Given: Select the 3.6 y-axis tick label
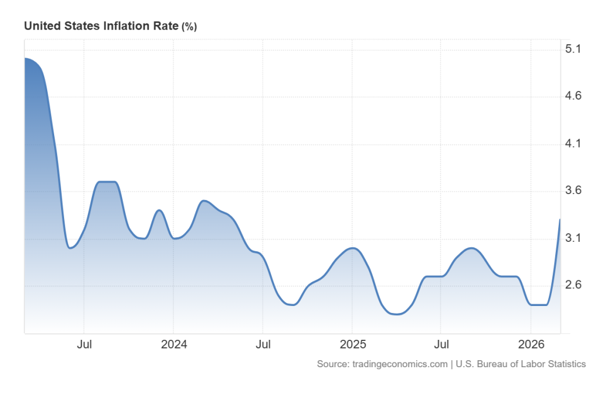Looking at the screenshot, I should pyautogui.click(x=574, y=191).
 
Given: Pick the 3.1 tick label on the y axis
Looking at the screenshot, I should pyautogui.click(x=574, y=238).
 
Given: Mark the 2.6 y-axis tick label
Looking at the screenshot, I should pyautogui.click(x=574, y=286).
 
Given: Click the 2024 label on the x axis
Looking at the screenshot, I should pyautogui.click(x=173, y=344).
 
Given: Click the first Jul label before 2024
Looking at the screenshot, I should pyautogui.click(x=84, y=344).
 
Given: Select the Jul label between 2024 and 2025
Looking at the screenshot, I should pyautogui.click(x=263, y=344).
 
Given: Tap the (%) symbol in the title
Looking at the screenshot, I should pyautogui.click(x=189, y=27).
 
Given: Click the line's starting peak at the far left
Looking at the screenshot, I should pyautogui.click(x=25, y=58).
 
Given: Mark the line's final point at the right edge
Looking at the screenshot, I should pyautogui.click(x=560, y=219).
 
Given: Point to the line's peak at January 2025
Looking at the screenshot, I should pyautogui.click(x=352, y=248).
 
